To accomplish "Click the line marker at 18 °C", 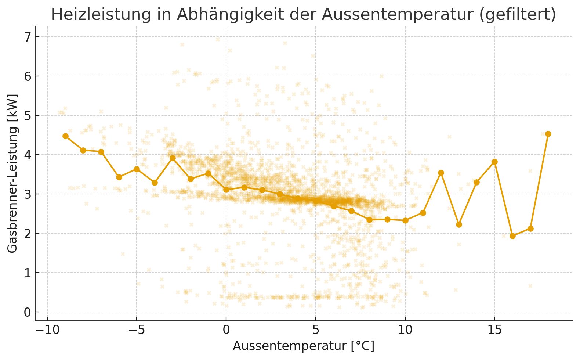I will (x=548, y=134).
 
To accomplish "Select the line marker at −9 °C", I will (x=65, y=136).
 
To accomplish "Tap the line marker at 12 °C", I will (x=441, y=173).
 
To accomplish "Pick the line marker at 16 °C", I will (x=512, y=236).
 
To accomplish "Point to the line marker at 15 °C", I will (x=494, y=162).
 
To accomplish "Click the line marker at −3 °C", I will (x=173, y=158).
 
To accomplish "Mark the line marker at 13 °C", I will (x=459, y=224).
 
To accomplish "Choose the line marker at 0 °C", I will (x=226, y=190).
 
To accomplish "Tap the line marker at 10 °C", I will (x=405, y=220).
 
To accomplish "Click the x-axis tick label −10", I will (x=47, y=330).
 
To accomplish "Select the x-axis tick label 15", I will (x=494, y=330).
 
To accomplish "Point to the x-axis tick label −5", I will (x=137, y=330).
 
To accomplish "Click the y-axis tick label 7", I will (x=27, y=37).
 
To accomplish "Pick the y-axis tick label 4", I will (x=27, y=155).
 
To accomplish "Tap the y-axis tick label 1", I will (x=27, y=273).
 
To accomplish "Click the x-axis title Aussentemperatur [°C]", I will (x=304, y=346).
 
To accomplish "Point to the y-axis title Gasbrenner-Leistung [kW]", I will (x=12, y=173).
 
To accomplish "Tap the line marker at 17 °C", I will (x=530, y=228).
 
